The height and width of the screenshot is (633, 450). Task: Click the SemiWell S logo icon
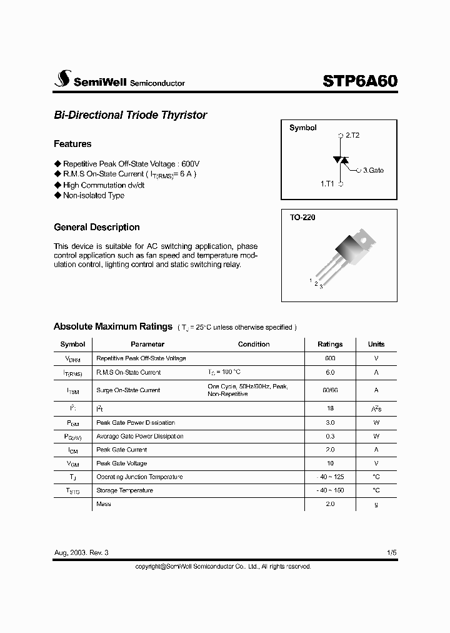click(x=62, y=79)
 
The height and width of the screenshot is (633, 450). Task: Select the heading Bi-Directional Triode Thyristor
click(x=130, y=115)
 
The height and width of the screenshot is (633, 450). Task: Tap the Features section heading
click(x=72, y=144)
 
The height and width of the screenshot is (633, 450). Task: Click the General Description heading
click(x=97, y=227)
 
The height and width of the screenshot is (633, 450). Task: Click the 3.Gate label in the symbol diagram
click(x=373, y=170)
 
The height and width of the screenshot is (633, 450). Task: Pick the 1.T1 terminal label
click(x=328, y=184)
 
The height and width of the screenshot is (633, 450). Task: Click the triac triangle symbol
click(x=341, y=160)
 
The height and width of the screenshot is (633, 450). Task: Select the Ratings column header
click(x=330, y=344)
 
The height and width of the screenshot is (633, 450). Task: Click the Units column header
click(x=376, y=344)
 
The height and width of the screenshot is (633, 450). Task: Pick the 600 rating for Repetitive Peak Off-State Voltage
click(x=330, y=358)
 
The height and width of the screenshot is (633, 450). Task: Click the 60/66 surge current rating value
click(x=330, y=390)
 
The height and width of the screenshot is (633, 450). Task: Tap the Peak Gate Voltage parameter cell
click(x=121, y=463)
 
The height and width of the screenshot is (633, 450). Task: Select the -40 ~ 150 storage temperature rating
click(x=330, y=490)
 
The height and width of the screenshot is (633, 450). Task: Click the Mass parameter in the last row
click(x=104, y=504)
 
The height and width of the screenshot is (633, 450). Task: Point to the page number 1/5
click(x=391, y=553)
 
